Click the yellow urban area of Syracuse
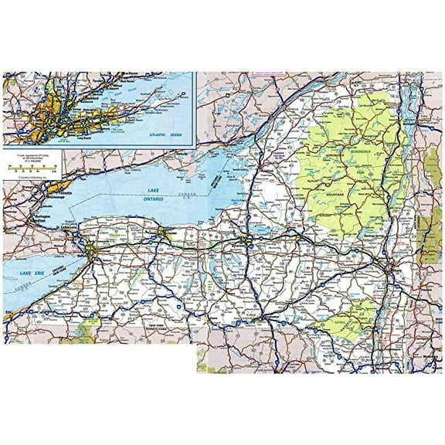pos(248,245)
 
